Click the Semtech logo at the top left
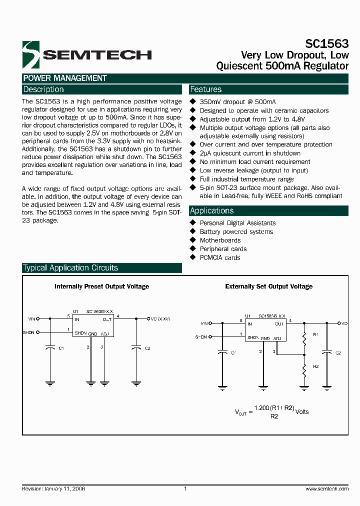(x=86, y=54)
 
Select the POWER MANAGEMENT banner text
(x=65, y=78)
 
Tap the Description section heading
(x=44, y=89)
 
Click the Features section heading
(x=206, y=89)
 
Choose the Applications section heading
(x=212, y=211)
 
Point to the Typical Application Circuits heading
(x=70, y=268)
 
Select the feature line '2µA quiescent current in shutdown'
(x=250, y=153)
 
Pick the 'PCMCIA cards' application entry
(x=220, y=257)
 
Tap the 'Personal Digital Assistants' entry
(x=237, y=223)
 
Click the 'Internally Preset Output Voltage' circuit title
(x=101, y=286)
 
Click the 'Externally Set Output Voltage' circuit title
(x=269, y=286)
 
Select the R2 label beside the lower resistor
(x=315, y=366)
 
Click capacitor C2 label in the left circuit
(x=147, y=348)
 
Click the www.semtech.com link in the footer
(x=326, y=489)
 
